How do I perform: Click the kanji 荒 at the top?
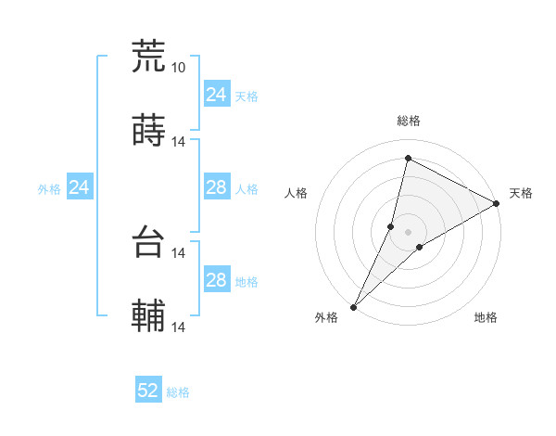tap(148, 56)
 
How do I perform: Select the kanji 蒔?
tap(148, 130)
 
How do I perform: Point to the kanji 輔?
tap(148, 316)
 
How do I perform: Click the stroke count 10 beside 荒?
tap(179, 67)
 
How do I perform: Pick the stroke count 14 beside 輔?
tap(179, 327)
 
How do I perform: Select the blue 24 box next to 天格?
tap(216, 95)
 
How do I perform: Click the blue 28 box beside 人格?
tap(216, 188)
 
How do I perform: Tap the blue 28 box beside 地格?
tap(216, 281)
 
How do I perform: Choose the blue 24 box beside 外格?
tap(80, 188)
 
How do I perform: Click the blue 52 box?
tap(148, 391)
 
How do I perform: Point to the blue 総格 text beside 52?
tap(178, 392)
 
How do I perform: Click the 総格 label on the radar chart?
tap(408, 121)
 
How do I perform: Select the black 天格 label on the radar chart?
tap(521, 193)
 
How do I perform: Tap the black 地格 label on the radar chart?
tap(486, 318)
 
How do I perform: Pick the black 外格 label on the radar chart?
tap(326, 318)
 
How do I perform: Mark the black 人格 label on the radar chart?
tap(296, 193)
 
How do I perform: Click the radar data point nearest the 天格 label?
tap(496, 203)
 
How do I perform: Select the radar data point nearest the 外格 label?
tap(353, 306)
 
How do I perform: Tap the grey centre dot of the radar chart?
tap(408, 231)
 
